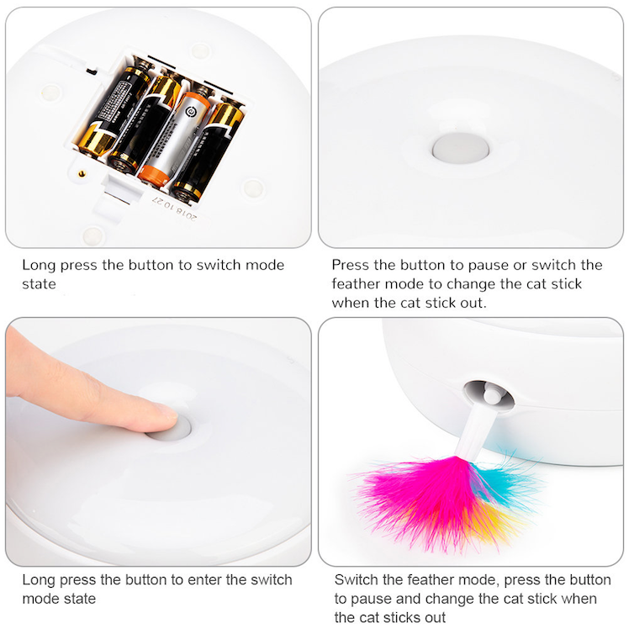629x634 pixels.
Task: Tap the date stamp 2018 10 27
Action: click(x=175, y=209)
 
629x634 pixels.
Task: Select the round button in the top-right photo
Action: click(x=461, y=148)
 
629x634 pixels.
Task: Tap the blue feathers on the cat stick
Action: click(x=505, y=481)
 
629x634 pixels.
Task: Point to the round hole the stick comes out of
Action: click(x=489, y=395)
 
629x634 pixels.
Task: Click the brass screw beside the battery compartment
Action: click(x=82, y=174)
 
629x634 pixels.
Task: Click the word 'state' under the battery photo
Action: click(x=40, y=284)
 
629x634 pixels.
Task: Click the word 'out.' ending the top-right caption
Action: click(x=473, y=303)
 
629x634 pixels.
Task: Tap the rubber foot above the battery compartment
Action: click(x=199, y=51)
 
